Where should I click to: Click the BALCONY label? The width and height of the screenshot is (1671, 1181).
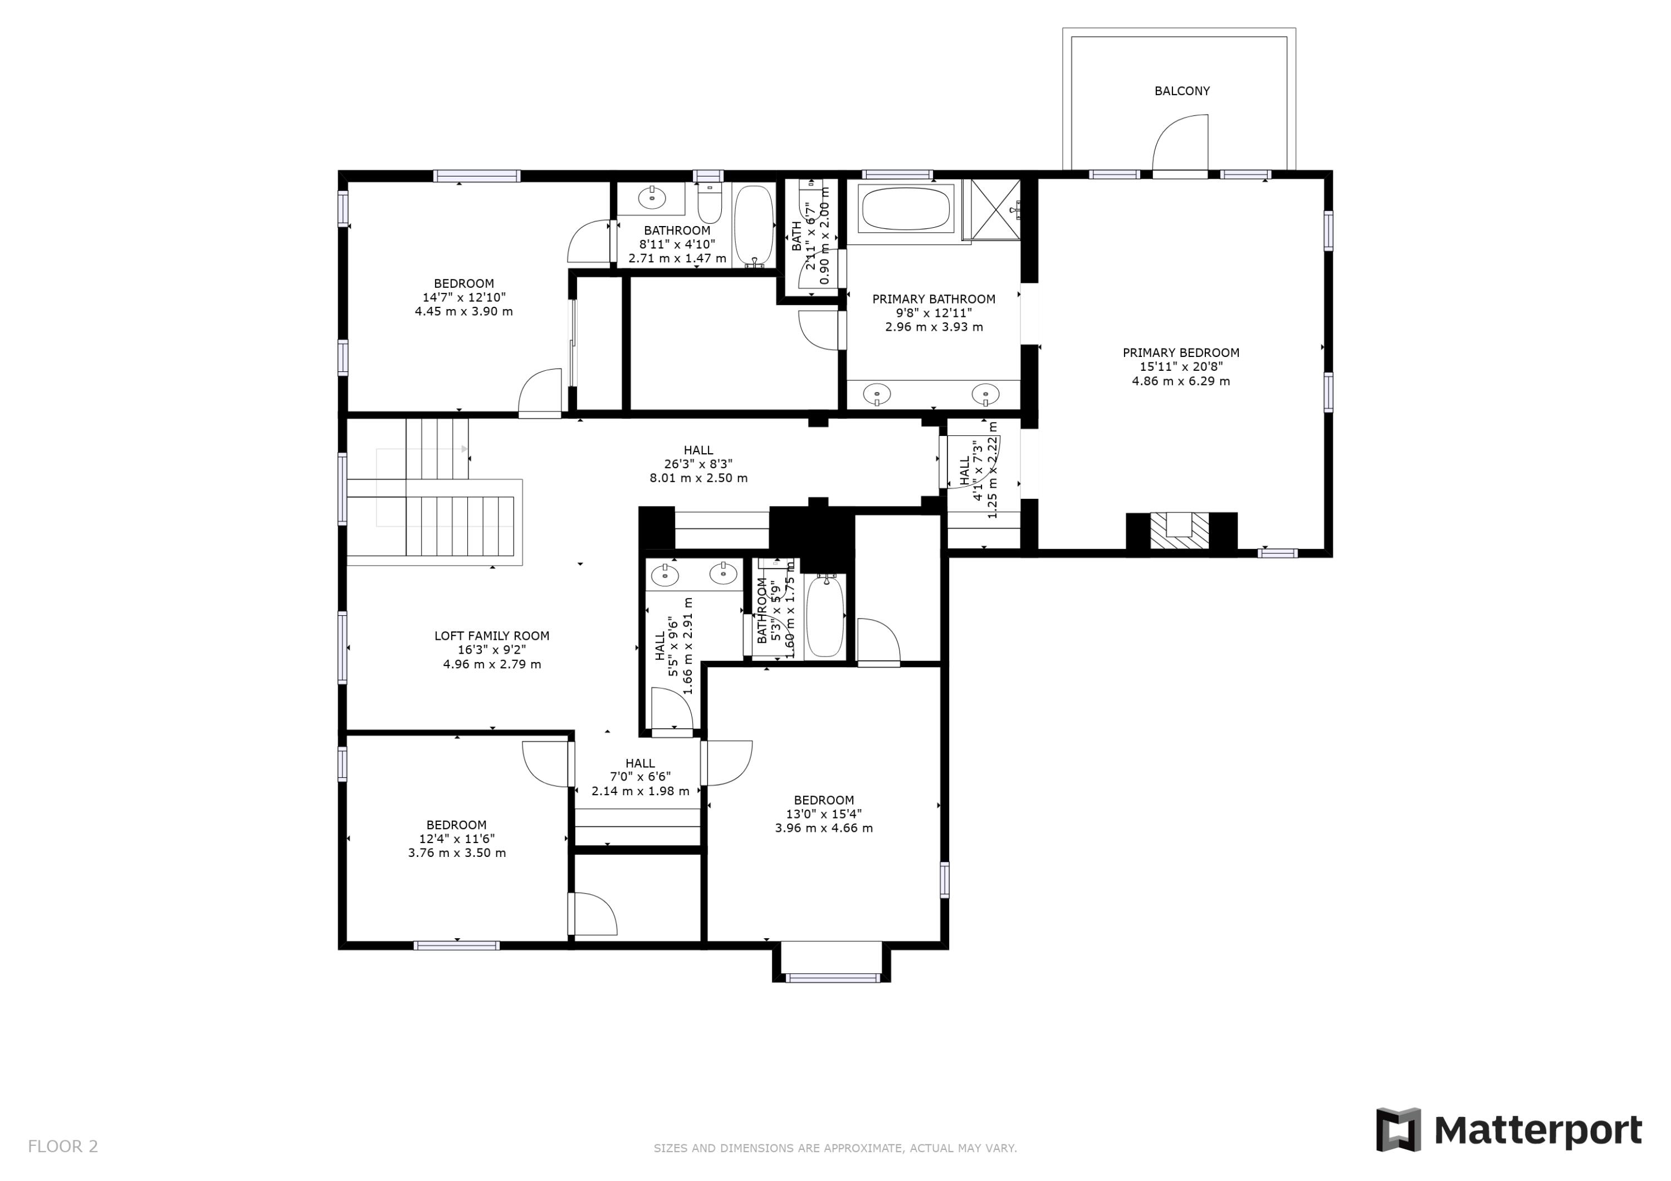[1182, 91]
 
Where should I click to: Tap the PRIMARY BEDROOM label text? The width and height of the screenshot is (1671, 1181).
[1180, 353]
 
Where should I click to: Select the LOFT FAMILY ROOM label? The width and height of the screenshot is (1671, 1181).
[492, 636]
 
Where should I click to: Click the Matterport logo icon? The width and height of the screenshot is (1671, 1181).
[1398, 1129]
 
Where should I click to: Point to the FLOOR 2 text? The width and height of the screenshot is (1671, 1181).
[62, 1147]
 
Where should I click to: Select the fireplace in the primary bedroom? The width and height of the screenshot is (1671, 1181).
[1180, 531]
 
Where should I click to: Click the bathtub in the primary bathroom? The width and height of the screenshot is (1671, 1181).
[906, 209]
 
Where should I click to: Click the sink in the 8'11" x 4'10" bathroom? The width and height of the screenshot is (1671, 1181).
[651, 197]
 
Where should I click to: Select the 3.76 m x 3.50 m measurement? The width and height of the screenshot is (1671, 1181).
[457, 853]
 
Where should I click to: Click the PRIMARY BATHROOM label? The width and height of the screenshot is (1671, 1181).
[934, 299]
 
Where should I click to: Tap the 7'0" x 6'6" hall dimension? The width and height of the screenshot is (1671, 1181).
[640, 777]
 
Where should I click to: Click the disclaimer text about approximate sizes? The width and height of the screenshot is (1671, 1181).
[835, 1148]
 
